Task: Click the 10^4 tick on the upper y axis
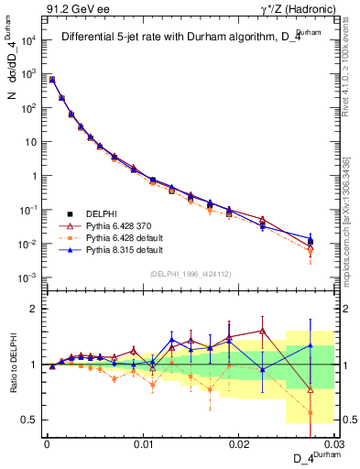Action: coord(29,40)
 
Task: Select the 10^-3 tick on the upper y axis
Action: coord(29,278)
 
